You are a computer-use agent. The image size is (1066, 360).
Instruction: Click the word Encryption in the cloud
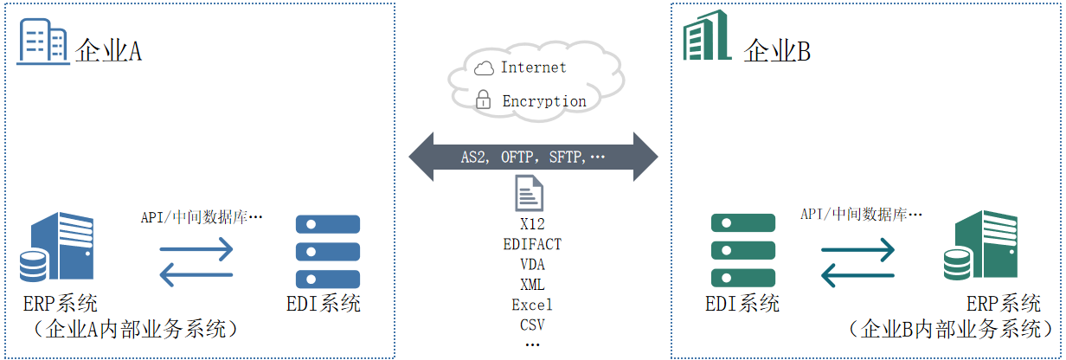(x=543, y=101)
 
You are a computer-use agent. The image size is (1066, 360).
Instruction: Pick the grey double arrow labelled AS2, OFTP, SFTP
(x=533, y=157)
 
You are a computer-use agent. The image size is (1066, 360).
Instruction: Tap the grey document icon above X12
(x=530, y=193)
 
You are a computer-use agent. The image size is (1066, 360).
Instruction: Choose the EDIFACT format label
(x=532, y=244)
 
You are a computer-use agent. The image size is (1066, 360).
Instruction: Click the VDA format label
(x=532, y=264)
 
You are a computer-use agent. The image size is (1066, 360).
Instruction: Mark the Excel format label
(x=532, y=305)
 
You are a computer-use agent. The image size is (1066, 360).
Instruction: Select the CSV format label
(x=532, y=325)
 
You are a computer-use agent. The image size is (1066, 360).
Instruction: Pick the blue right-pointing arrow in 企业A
(x=196, y=251)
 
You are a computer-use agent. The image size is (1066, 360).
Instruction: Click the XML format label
(x=532, y=285)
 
